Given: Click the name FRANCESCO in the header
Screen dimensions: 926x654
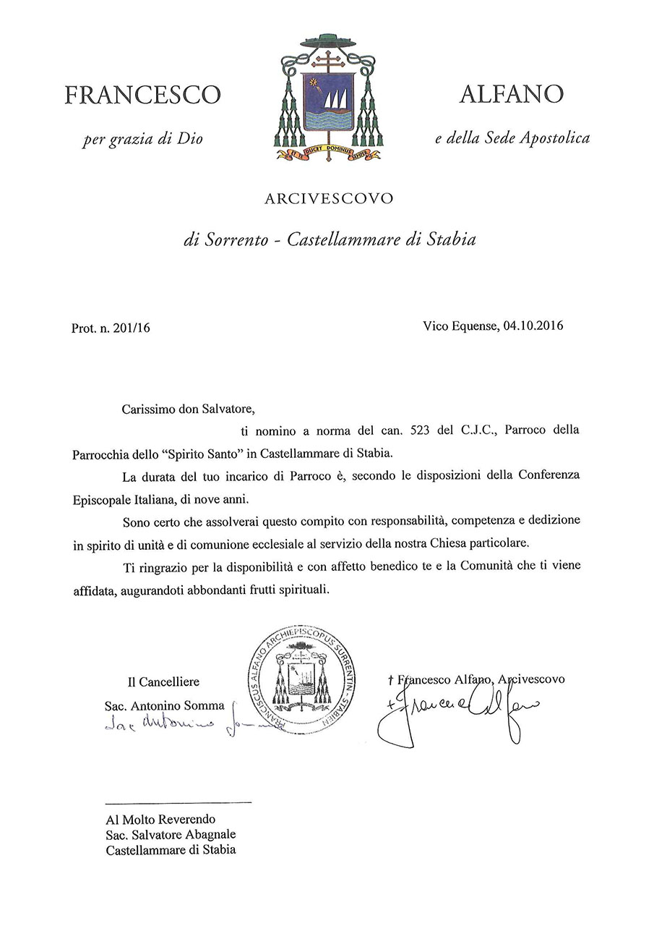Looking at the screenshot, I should [142, 95].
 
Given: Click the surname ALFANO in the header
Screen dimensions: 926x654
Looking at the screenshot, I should [511, 93].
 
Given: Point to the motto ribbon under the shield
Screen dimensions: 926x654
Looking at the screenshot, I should [327, 153].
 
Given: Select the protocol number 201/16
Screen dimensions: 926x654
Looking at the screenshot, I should [130, 328].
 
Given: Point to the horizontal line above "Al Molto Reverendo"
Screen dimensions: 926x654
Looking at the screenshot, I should [178, 802].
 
